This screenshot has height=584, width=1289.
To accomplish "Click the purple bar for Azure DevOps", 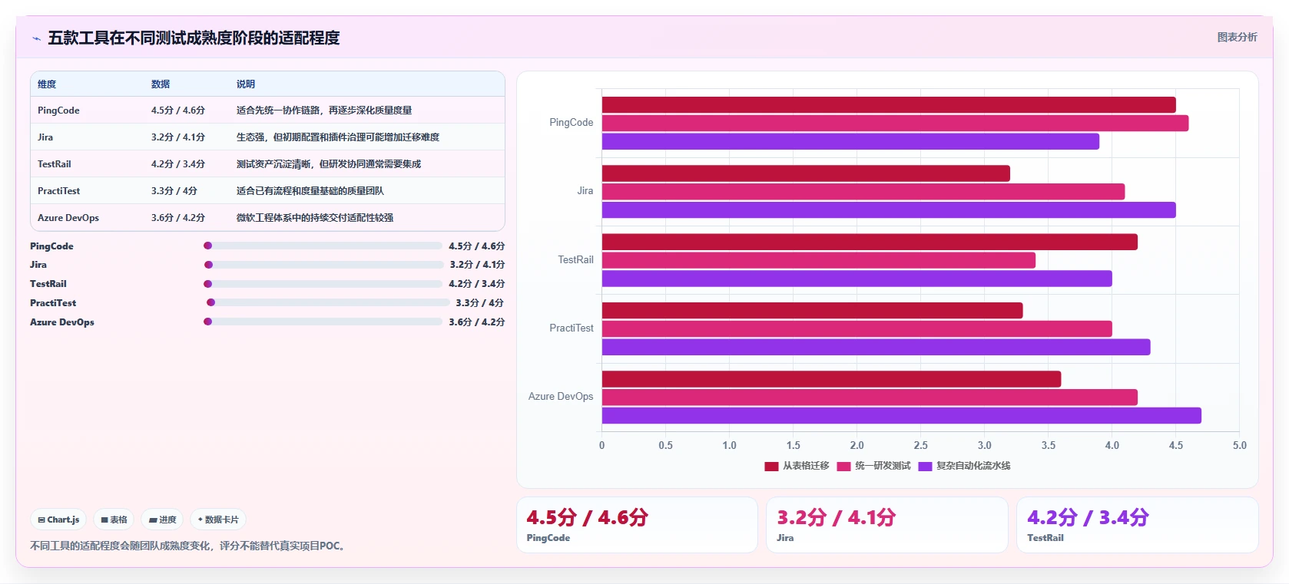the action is click(901, 416).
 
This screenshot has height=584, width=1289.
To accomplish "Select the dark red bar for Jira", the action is click(806, 173).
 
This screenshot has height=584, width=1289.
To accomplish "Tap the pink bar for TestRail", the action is click(819, 260).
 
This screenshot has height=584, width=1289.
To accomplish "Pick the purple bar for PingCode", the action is click(850, 141).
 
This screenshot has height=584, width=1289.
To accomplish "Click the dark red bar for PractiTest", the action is click(812, 310).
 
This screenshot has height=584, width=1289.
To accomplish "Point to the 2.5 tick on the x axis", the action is click(921, 445).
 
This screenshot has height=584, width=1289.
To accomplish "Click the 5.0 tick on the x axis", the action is click(1240, 445).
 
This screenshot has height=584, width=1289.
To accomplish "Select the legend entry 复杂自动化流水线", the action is click(965, 466).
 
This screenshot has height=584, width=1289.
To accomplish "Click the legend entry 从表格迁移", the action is click(797, 466).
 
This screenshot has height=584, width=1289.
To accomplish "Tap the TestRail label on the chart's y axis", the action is click(575, 260).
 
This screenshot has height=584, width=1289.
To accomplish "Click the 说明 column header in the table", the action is click(246, 84).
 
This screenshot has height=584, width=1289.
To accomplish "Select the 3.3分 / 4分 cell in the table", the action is click(174, 191).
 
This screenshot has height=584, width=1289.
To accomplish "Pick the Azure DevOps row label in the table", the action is click(68, 218).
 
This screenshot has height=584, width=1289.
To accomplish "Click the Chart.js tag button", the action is click(58, 520).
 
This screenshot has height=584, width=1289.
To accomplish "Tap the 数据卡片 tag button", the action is click(218, 520).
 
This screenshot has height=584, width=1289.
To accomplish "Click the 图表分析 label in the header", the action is click(1238, 38).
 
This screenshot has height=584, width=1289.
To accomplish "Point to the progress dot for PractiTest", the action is click(210, 302).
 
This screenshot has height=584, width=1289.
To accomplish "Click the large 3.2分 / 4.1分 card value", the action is click(836, 517).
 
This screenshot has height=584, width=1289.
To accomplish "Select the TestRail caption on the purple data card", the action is click(1045, 538).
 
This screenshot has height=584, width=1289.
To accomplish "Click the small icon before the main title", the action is click(37, 38).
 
